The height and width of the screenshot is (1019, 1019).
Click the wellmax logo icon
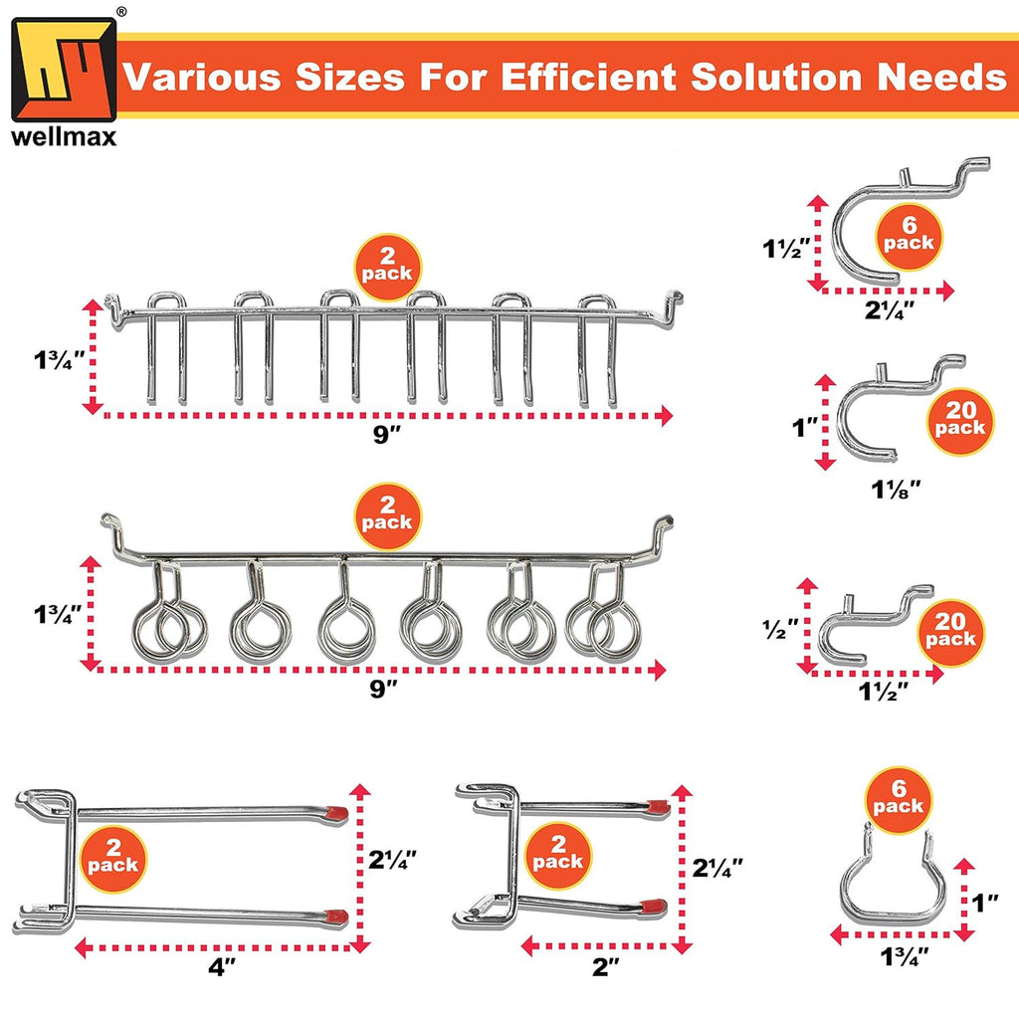click(64, 69)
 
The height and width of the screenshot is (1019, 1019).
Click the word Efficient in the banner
click(589, 77)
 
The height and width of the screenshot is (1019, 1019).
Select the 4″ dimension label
click(222, 967)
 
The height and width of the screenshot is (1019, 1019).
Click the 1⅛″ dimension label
click(897, 490)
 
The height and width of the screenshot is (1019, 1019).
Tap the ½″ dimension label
click(780, 629)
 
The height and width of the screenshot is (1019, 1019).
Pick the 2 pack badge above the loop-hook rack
click(387, 516)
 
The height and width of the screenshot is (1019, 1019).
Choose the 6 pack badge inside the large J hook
click(909, 236)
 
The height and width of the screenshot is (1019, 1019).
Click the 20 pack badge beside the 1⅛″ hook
click(960, 421)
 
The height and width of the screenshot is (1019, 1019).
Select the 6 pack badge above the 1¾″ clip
click(899, 799)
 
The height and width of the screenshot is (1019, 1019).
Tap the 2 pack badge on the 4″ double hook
click(113, 859)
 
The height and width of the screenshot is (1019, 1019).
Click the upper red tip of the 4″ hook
click(336, 812)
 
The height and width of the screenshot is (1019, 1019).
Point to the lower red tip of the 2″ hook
click(654, 906)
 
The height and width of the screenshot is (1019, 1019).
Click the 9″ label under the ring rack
click(383, 688)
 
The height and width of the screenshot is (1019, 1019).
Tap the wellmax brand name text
click(64, 136)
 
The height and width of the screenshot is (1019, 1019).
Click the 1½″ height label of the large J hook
click(786, 248)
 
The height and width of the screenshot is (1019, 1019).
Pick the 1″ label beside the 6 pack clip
click(986, 903)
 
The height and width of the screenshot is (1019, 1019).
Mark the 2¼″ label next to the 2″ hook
click(717, 867)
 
